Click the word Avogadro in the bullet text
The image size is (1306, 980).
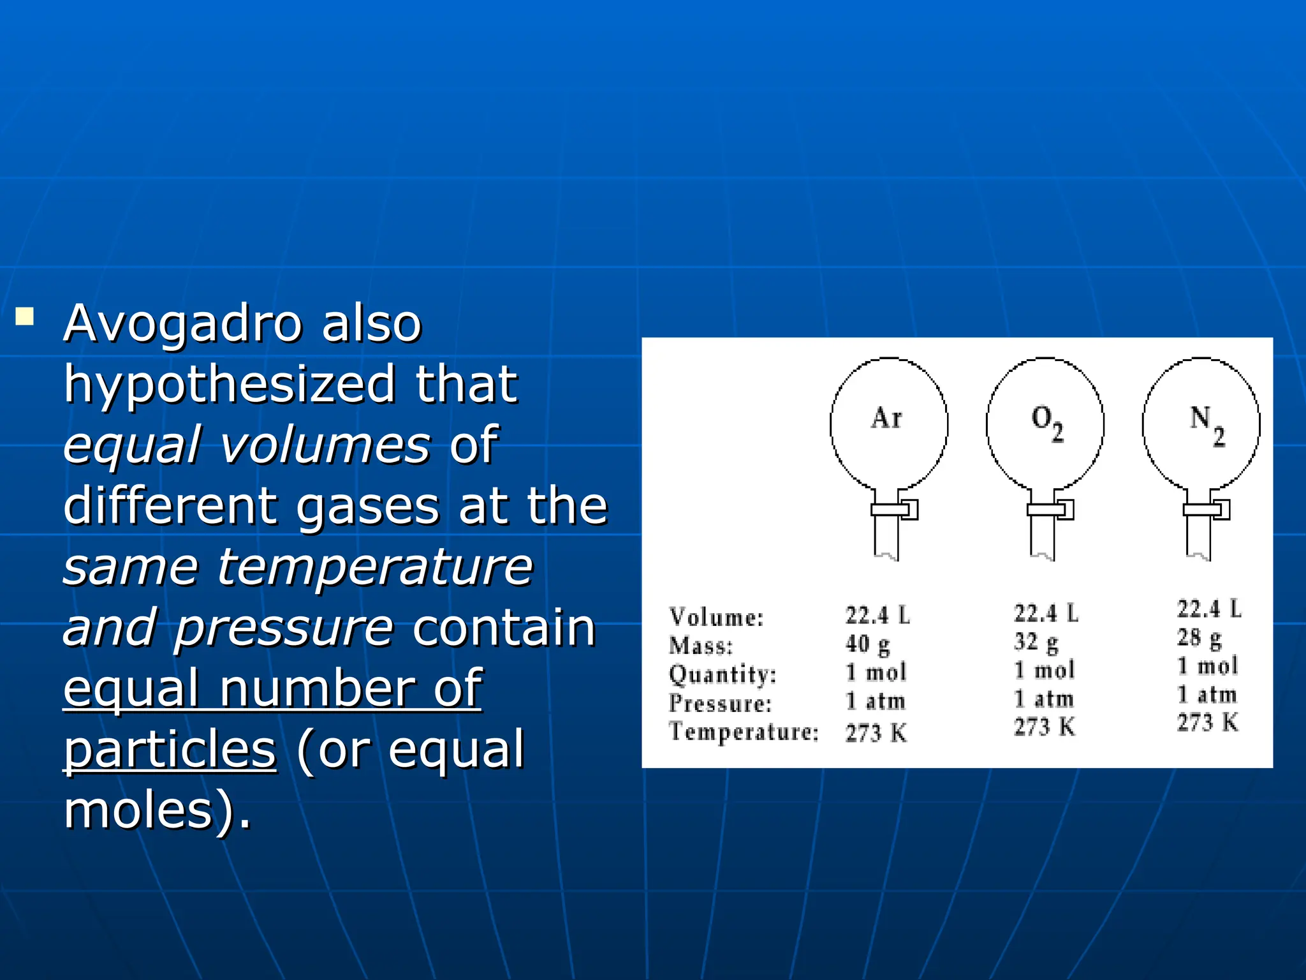[x=182, y=323]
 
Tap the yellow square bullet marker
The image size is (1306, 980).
[x=25, y=317]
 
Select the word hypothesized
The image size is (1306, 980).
[x=229, y=385]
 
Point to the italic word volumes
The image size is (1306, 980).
[x=325, y=445]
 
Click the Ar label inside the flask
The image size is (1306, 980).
[x=887, y=418]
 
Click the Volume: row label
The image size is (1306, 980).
[x=716, y=617]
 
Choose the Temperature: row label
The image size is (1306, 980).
[x=744, y=731]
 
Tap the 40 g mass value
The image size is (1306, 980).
[x=867, y=644]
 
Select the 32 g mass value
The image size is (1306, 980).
[x=1036, y=642]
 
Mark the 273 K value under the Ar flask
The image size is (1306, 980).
[x=876, y=733]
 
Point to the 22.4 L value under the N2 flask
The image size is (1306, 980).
[x=1209, y=609]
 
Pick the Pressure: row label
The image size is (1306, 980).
[x=720, y=703]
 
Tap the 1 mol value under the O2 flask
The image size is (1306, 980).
[x=1044, y=670]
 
